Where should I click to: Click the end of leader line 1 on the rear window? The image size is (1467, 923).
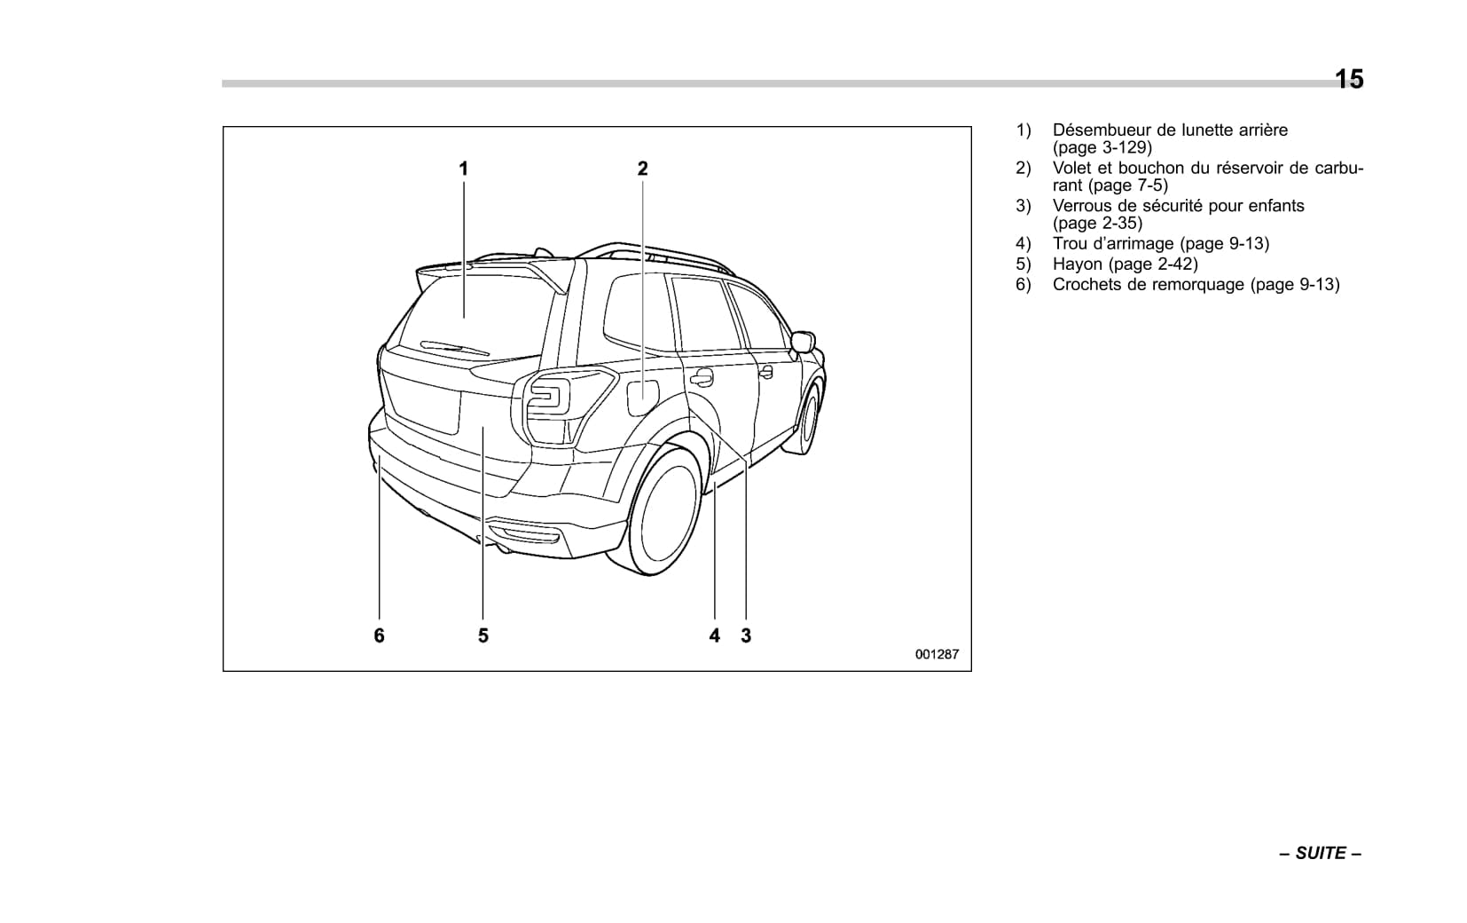pyautogui.click(x=465, y=318)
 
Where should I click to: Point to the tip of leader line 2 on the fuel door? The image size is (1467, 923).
pyautogui.click(x=642, y=399)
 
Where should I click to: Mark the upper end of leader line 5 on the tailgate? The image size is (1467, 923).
pyautogui.click(x=482, y=427)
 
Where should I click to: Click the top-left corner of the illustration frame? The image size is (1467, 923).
pyautogui.click(x=224, y=127)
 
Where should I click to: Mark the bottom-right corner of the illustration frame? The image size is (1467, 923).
pyautogui.click(x=971, y=671)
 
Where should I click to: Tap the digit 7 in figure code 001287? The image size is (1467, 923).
pyautogui.click(x=955, y=654)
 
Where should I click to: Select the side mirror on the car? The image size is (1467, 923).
pyautogui.click(x=804, y=342)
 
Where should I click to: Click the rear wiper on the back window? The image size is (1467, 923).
pyautogui.click(x=454, y=347)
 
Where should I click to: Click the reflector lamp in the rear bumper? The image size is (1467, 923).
pyautogui.click(x=526, y=534)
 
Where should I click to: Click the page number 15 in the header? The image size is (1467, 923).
pyautogui.click(x=1349, y=79)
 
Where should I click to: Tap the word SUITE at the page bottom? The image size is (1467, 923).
pyautogui.click(x=1321, y=853)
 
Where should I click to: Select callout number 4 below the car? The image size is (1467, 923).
pyautogui.click(x=715, y=635)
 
